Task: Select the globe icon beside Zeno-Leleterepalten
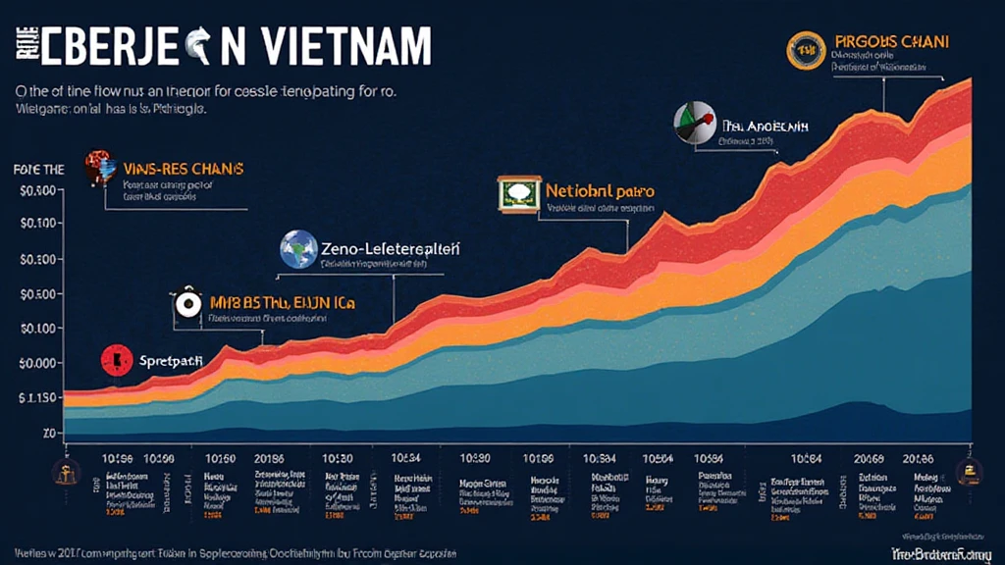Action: tap(297, 249)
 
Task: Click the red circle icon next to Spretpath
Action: tap(115, 361)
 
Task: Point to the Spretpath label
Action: tap(169, 361)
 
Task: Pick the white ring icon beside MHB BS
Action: tap(185, 304)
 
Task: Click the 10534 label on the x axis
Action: tap(406, 458)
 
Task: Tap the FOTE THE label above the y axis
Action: tap(39, 170)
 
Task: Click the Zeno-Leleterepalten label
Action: tap(390, 249)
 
